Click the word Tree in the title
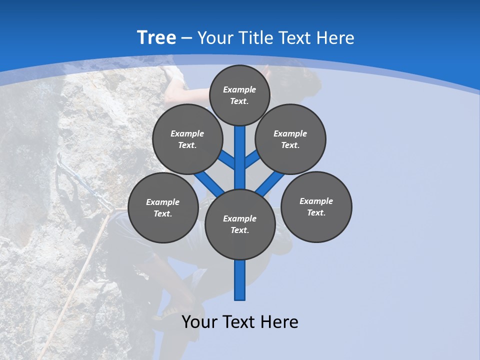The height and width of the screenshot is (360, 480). pyautogui.click(x=156, y=38)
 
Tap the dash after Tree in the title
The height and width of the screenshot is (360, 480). pyautogui.click(x=187, y=38)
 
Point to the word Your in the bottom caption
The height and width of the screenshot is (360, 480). pyautogui.click(x=199, y=322)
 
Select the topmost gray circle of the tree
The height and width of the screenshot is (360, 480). pyautogui.click(x=239, y=95)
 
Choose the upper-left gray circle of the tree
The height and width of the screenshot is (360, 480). pyautogui.click(x=187, y=139)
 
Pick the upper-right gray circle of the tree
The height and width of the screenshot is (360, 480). pyautogui.click(x=290, y=139)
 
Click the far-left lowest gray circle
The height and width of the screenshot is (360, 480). pyautogui.click(x=163, y=207)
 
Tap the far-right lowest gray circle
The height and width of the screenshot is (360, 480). pyautogui.click(x=316, y=206)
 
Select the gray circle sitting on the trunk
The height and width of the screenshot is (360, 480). pyautogui.click(x=240, y=224)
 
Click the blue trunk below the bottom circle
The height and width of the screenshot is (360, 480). pyautogui.click(x=240, y=280)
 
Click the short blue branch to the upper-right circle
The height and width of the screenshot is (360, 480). pyautogui.click(x=252, y=159)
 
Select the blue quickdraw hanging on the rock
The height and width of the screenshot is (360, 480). pyautogui.click(x=82, y=182)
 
